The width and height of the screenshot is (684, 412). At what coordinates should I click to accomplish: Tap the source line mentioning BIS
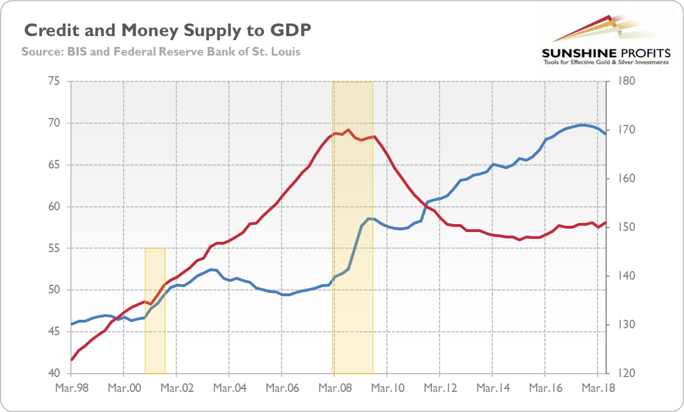click(161, 52)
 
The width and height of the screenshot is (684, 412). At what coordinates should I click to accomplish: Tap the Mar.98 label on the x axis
click(72, 388)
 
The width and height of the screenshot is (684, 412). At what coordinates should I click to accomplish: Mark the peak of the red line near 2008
click(348, 130)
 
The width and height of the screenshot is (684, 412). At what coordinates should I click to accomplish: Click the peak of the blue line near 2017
click(583, 125)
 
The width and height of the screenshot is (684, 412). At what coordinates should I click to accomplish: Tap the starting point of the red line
click(72, 359)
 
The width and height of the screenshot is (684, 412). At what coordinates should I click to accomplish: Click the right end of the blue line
click(605, 134)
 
